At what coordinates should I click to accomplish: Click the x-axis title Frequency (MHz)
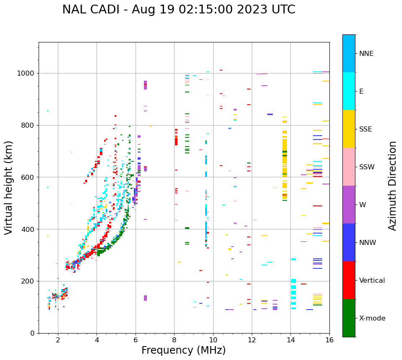click(183, 350)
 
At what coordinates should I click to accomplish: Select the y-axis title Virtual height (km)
click(9, 188)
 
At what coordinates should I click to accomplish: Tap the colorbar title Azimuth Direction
click(392, 186)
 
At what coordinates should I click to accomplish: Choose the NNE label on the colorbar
click(366, 54)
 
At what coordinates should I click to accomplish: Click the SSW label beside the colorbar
click(367, 167)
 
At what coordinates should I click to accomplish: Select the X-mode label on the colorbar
click(372, 318)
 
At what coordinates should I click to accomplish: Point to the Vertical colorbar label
click(372, 281)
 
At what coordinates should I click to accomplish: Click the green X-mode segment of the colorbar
click(349, 318)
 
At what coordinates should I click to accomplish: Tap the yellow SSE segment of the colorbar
click(349, 129)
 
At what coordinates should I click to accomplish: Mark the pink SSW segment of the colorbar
click(349, 167)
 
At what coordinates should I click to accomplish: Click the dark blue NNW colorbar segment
click(349, 242)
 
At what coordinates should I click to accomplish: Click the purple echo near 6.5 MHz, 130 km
click(145, 298)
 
